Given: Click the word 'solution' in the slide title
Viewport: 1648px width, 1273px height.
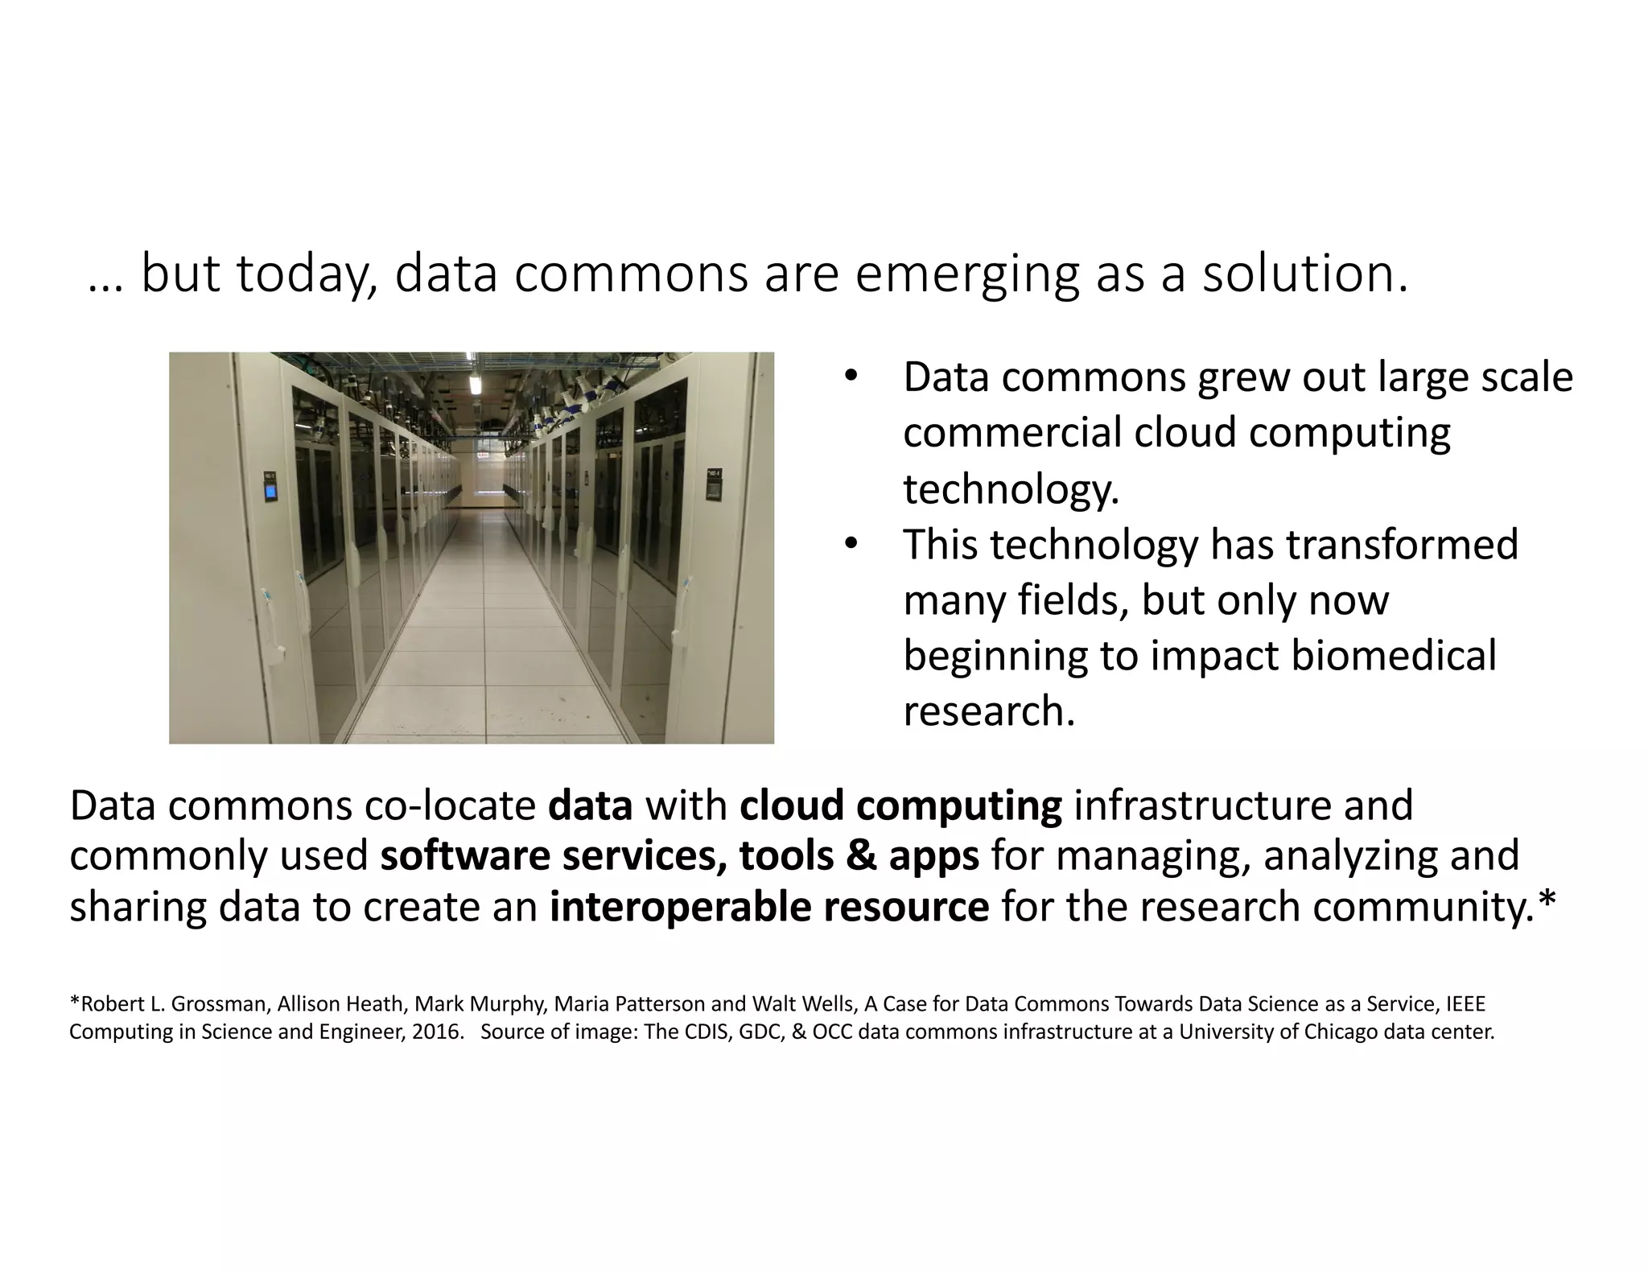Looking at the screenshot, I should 1304,274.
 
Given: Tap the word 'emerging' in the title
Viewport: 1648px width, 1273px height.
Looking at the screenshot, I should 966,274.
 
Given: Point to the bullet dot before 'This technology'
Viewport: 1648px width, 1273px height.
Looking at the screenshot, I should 851,545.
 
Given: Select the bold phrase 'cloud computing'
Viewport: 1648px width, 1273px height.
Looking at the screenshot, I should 900,806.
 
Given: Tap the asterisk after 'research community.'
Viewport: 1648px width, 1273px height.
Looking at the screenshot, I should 1546,903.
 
